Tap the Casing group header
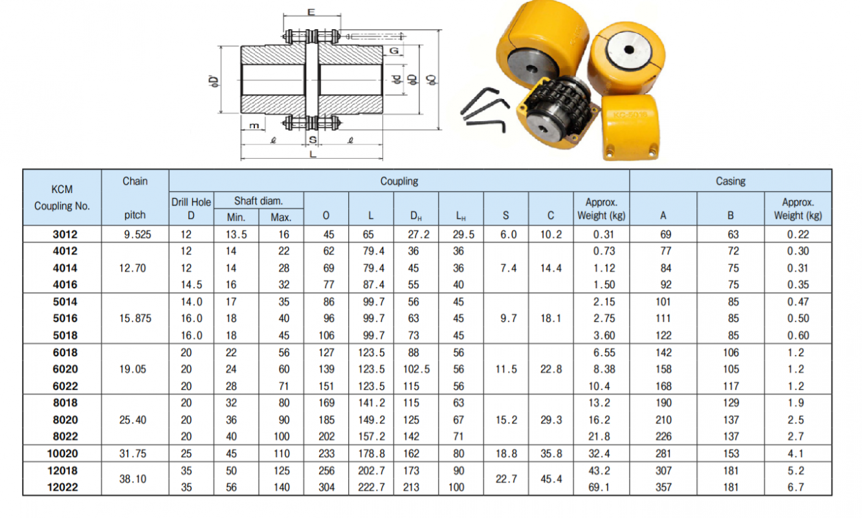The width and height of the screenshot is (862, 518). [x=730, y=181]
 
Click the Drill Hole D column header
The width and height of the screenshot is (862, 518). [x=191, y=208]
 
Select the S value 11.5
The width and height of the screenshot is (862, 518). [x=506, y=369]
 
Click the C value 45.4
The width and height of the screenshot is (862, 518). [x=551, y=479]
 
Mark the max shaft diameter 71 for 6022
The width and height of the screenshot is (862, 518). [x=281, y=386]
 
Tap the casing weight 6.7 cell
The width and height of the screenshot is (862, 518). [x=797, y=487]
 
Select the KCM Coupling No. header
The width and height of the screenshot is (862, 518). [x=62, y=197]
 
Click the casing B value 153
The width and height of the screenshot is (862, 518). [x=730, y=453]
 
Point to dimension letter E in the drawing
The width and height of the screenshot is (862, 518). [x=311, y=12]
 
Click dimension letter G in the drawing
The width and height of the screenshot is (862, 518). [x=393, y=51]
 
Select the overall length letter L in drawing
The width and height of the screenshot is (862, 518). [x=312, y=155]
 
